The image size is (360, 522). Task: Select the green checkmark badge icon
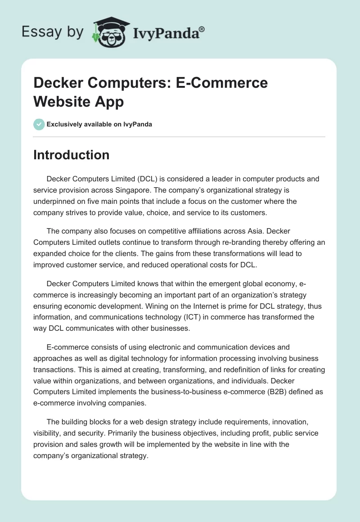[39, 124]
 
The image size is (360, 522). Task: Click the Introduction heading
[72, 155]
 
